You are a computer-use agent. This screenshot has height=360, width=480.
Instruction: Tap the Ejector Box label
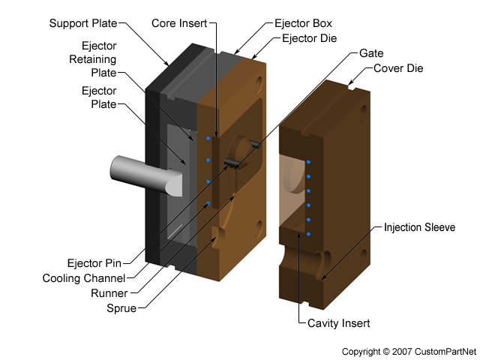click(x=302, y=24)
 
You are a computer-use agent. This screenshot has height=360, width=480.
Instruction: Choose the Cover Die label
click(x=398, y=68)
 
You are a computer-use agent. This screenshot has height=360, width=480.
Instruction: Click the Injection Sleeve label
click(x=419, y=227)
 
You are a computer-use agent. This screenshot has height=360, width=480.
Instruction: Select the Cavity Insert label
click(x=339, y=323)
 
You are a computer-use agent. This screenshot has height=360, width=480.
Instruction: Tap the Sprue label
click(x=123, y=307)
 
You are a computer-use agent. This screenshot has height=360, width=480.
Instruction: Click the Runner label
click(x=118, y=292)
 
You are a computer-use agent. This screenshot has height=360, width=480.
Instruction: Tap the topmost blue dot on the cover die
click(x=308, y=161)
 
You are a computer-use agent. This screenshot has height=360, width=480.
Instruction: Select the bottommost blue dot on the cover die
click(x=308, y=234)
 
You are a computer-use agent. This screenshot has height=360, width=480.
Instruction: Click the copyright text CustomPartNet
click(x=409, y=351)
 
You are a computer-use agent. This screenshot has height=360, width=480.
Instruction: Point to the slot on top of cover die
click(x=351, y=88)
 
